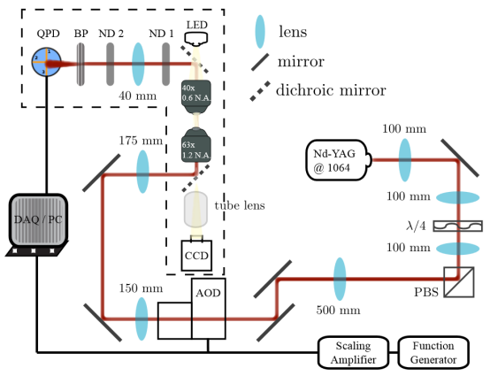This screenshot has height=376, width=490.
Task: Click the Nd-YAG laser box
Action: point(339,160)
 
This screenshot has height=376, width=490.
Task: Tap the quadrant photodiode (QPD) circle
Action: point(46,62)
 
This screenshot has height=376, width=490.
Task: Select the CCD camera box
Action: point(196,256)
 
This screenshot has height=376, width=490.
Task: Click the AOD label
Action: point(208,293)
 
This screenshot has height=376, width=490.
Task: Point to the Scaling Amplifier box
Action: point(353,353)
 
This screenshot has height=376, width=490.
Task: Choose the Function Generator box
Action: point(433,353)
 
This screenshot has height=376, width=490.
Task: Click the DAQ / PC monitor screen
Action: point(38,219)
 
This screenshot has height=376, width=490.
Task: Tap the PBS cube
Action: point(459,281)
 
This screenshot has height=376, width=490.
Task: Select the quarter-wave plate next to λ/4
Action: point(458,226)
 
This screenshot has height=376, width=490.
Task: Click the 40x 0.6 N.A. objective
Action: point(196,96)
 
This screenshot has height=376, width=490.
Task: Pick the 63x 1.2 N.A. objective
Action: point(196,145)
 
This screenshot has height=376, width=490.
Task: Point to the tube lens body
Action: point(196,209)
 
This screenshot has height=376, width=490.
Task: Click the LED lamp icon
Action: point(196,38)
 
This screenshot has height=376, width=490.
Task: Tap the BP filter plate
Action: point(80,64)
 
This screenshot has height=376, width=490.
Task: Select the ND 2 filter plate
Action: point(110,64)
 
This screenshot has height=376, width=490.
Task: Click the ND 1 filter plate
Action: point(166,64)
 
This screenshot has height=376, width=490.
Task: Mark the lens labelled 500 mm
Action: point(340,279)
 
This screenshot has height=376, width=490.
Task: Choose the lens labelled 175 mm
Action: point(142,172)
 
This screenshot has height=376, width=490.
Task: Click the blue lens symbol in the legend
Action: point(260,32)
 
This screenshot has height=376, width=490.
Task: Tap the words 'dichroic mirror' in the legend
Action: point(331,90)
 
